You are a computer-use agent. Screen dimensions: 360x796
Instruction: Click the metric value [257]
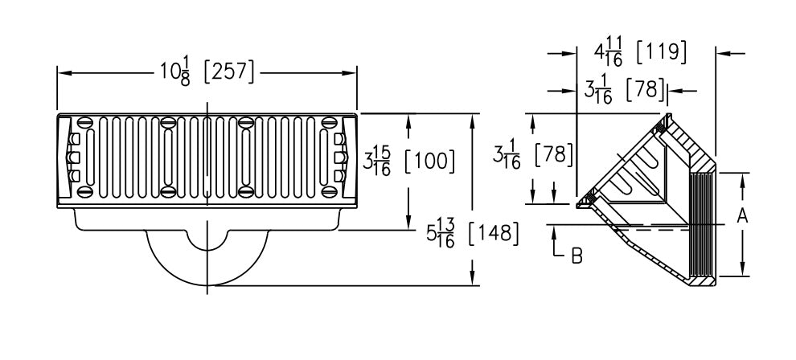pos(229,73)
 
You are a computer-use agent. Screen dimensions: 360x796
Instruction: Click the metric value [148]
pos(492,235)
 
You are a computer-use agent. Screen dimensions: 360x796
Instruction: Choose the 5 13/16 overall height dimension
pos(441,235)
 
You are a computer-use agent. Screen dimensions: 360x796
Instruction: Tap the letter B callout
pos(576,256)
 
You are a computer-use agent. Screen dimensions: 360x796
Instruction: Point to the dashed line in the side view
pos(651,230)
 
